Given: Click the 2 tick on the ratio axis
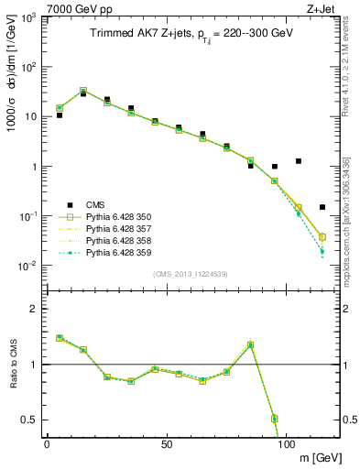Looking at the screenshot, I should coord(35,309).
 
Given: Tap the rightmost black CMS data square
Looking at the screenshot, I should coord(322,207).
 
